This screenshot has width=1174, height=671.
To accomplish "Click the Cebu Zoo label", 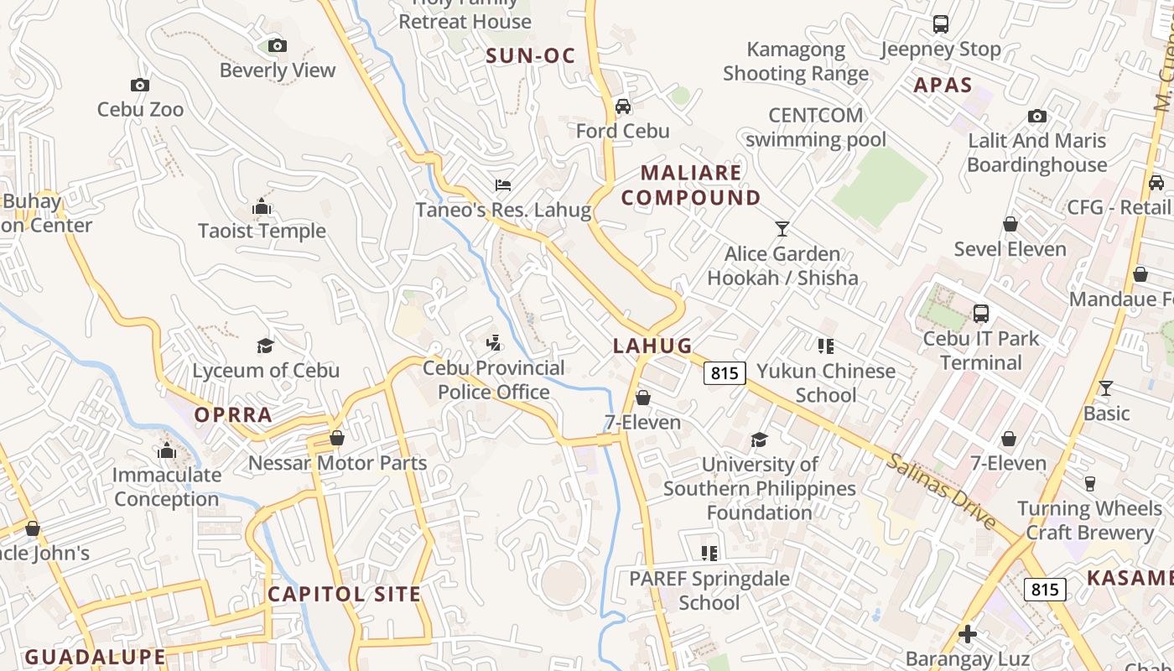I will tap(140, 109).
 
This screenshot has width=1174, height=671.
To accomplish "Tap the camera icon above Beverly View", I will tap(278, 45).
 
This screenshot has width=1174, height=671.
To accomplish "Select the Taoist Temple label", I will tap(262, 231).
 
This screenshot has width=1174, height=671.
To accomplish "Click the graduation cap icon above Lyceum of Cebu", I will tap(266, 346).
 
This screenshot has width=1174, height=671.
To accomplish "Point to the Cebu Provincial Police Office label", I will tap(493, 380).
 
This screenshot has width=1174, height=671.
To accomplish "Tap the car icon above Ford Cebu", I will tap(622, 107).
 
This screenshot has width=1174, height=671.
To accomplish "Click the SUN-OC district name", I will tap(531, 56).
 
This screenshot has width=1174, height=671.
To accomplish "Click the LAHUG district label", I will tap(652, 346).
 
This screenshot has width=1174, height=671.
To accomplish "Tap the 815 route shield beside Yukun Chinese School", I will tap(724, 372).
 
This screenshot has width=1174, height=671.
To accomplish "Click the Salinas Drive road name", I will tap(942, 492).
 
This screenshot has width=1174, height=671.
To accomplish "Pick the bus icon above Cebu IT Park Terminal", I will tap(980, 314).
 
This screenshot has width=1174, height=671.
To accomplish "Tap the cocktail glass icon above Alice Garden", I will tap(782, 228).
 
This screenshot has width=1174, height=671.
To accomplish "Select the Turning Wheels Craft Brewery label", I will tap(1088, 521).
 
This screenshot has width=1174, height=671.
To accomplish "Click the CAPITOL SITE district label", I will tap(344, 595).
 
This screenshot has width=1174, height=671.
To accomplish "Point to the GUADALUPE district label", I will tap(95, 657).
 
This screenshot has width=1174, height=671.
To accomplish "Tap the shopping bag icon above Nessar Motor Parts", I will tap(337, 438).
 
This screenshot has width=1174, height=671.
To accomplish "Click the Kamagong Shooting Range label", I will tap(795, 61).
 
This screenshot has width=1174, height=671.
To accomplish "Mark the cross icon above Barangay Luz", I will tap(968, 634).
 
